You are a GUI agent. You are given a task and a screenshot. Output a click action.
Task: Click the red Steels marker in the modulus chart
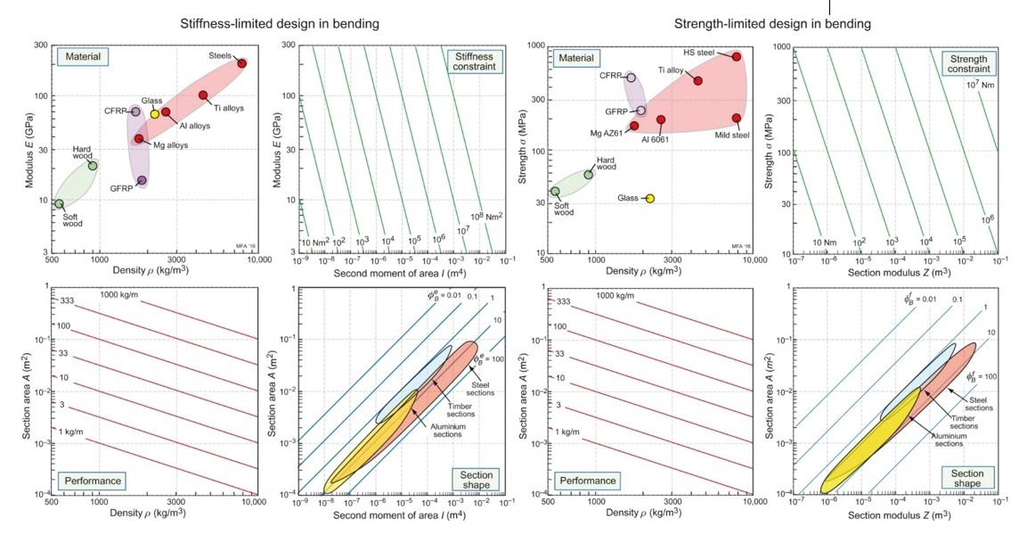tap(241, 63)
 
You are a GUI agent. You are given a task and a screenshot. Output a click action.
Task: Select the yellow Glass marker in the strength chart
tap(650, 198)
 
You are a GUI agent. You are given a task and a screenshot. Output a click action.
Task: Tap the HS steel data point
tap(737, 56)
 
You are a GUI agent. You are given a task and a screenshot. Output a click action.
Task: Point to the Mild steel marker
tap(737, 118)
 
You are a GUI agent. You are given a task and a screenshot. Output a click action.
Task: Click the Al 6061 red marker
tap(661, 119)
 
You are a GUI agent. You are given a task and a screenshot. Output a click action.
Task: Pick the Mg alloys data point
tap(139, 138)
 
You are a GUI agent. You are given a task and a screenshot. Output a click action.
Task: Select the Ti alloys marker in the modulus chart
tap(203, 95)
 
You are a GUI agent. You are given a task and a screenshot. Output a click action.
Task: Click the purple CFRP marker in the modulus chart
tap(135, 111)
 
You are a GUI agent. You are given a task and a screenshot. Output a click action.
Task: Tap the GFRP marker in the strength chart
tap(641, 111)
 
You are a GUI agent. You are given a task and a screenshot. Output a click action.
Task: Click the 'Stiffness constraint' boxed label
tap(474, 62)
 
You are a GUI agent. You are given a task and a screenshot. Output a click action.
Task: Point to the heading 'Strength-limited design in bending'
tap(772, 23)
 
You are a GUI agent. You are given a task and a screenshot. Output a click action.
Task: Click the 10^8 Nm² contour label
tap(486, 216)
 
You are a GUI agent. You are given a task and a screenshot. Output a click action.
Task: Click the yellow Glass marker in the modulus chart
tap(154, 114)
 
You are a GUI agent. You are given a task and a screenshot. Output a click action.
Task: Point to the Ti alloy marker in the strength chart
tap(698, 80)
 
